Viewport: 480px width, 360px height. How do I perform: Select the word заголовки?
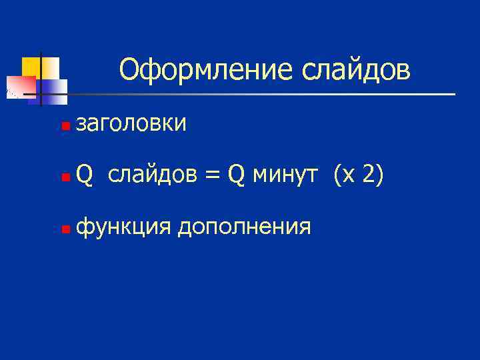pyautogui.click(x=131, y=123)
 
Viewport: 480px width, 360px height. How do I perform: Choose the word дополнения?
pyautogui.click(x=244, y=227)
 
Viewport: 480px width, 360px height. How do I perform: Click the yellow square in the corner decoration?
pyautogui.click(x=31, y=66)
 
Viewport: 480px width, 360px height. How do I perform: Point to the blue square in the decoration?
pyautogui.click(x=55, y=87)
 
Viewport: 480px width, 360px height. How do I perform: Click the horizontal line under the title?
pyautogui.click(x=267, y=94)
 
